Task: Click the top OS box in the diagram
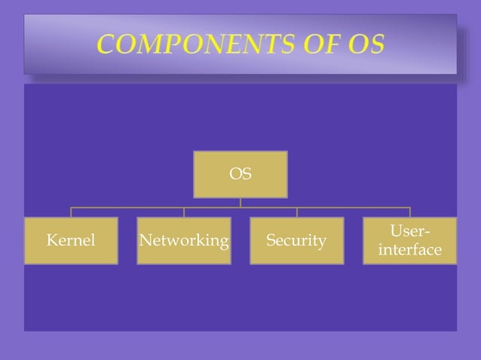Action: point(240,174)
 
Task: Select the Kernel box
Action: point(71,241)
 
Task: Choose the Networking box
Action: point(184,241)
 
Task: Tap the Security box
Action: point(296,241)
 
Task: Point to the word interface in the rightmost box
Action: point(410,250)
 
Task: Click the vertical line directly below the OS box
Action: point(240,202)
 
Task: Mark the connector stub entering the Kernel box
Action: point(71,212)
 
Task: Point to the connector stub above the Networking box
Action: point(184,212)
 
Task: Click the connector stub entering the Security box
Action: point(296,212)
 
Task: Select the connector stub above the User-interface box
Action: point(410,212)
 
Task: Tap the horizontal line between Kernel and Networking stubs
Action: point(127,207)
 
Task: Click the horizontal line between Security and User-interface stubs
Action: point(353,207)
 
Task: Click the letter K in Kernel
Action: point(51,241)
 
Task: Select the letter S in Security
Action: point(271,241)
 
